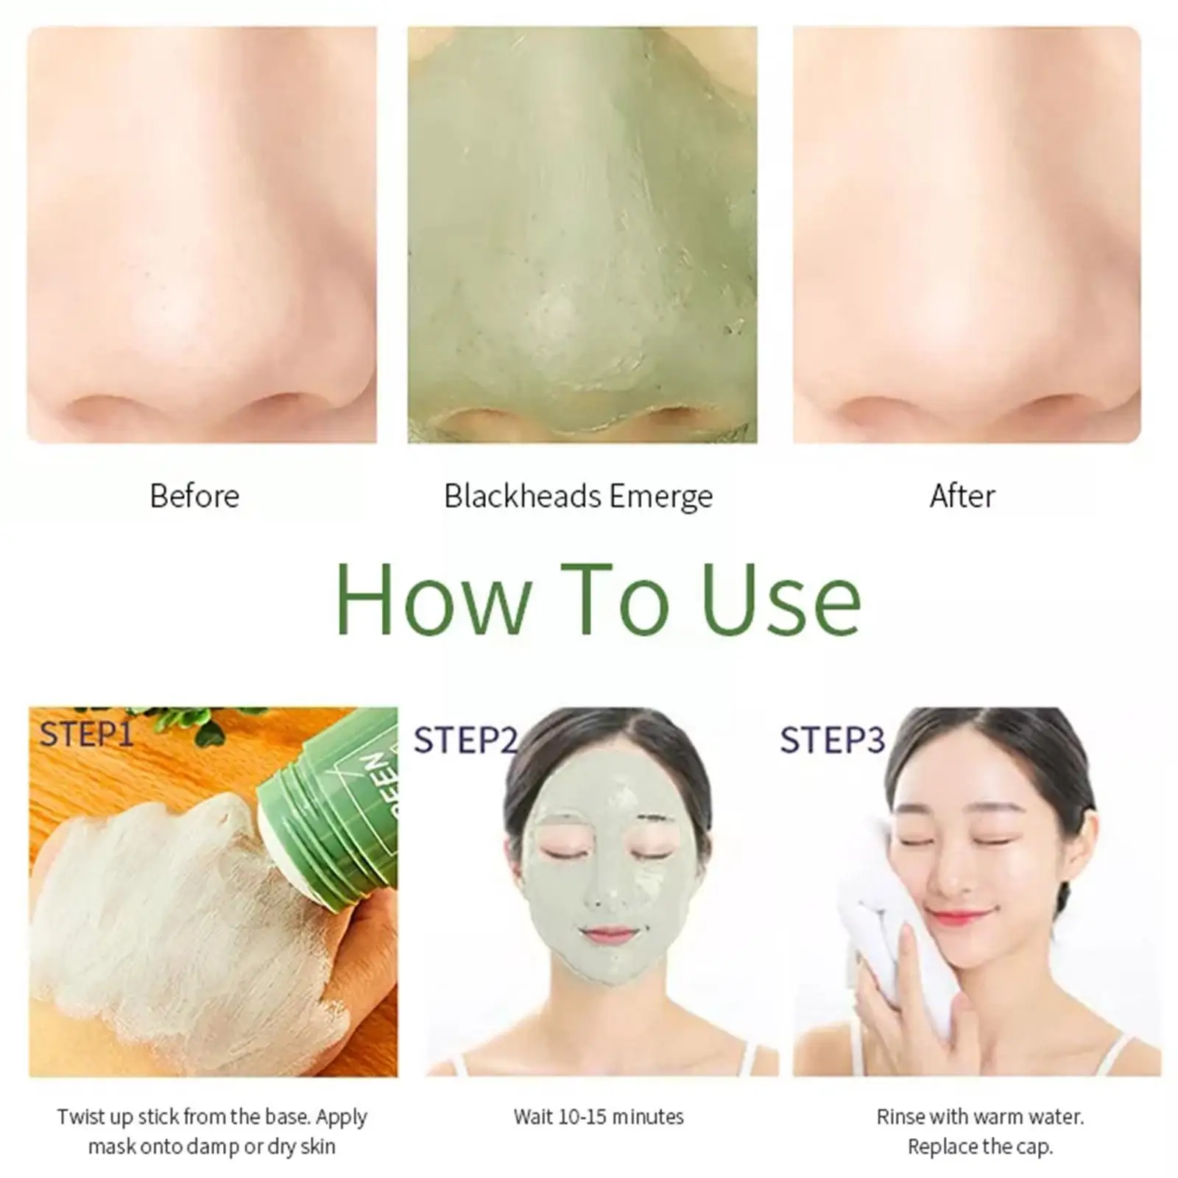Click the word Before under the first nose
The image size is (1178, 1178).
194,496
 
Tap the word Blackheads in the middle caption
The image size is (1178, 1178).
522,496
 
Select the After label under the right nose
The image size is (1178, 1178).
962,496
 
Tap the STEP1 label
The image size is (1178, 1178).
86,734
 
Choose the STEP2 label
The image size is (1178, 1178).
465,740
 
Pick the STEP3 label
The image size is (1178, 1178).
832,740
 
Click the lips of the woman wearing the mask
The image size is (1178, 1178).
607,936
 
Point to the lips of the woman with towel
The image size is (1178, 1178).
958,917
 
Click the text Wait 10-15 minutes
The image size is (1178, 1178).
599,1117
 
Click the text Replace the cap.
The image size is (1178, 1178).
980,1146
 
